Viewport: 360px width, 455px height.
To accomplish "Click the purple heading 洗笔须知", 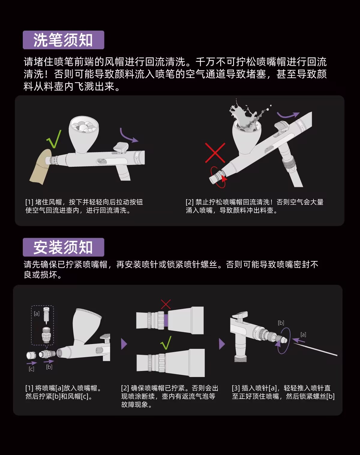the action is pos(63,40).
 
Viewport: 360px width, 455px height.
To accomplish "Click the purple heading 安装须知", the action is pos(63,247).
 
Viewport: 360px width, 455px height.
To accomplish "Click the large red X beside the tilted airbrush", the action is pos(215,153).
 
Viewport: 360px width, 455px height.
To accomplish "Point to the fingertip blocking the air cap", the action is pos(40,167).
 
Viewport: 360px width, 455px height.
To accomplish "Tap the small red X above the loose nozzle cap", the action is pos(166,304).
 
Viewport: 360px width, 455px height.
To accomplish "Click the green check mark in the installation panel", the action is pos(166,343).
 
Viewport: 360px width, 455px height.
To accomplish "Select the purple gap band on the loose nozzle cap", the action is pos(166,321).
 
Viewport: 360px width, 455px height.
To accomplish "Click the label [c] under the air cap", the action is pos(31,369).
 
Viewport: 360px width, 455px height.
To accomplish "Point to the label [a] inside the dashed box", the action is pos(37,313).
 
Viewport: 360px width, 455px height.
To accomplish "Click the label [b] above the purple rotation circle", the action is pos(281,323).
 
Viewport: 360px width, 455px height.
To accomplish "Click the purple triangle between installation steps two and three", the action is pos(222,344).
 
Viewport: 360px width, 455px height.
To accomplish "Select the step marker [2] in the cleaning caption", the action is pos(190,202).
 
